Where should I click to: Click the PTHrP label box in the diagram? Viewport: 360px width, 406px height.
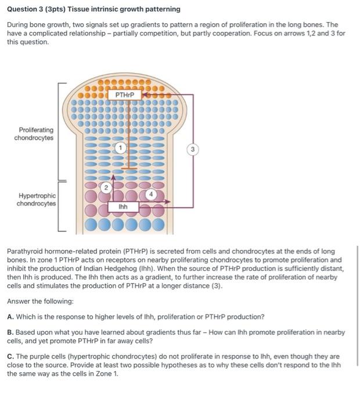click(x=125, y=95)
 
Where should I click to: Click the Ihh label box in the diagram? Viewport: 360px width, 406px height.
click(x=123, y=206)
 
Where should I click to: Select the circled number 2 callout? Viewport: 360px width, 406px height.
click(x=106, y=187)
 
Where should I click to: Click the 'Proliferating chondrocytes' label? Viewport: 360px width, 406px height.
click(x=35, y=134)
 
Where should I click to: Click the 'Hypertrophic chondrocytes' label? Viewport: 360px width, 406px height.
click(x=36, y=200)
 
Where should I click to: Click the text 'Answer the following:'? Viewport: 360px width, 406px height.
click(x=40, y=301)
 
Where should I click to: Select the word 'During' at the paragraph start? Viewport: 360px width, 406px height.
click(x=19, y=26)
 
